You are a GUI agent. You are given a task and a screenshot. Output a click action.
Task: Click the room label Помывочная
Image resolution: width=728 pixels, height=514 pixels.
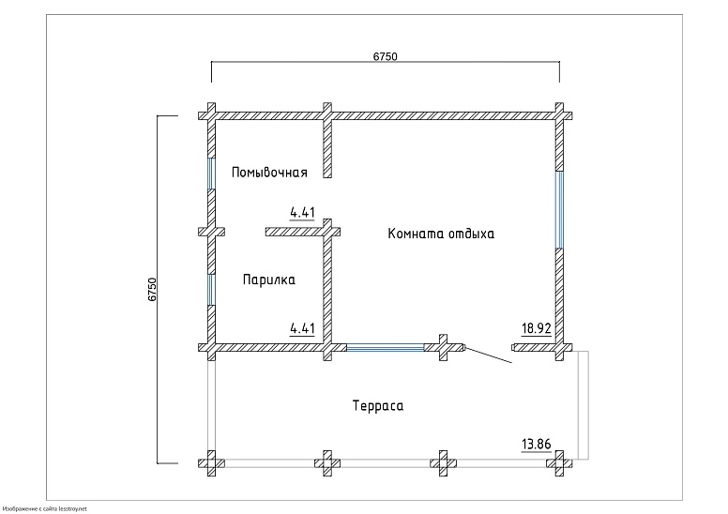(x=269, y=172)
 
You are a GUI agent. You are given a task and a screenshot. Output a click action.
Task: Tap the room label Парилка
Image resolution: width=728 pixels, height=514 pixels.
(x=269, y=280)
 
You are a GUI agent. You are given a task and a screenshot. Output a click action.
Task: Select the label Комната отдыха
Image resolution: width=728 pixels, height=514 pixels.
(x=440, y=234)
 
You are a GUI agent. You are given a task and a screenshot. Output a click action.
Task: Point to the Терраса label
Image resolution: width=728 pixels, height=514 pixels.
(x=377, y=406)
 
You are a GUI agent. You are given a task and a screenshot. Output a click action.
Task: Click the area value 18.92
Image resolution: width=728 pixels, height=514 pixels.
(x=537, y=328)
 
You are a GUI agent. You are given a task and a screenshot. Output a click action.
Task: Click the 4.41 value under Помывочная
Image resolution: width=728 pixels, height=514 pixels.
(x=302, y=213)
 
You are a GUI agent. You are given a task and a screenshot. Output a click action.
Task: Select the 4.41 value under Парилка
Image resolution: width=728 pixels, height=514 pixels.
(x=302, y=328)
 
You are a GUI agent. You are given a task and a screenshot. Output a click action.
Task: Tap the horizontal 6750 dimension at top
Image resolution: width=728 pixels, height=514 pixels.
(x=386, y=56)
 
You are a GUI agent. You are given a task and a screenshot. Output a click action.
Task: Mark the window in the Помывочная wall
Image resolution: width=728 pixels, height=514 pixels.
(x=211, y=173)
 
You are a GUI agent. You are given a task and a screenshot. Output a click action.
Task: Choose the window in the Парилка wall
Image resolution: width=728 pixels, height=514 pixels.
(x=211, y=289)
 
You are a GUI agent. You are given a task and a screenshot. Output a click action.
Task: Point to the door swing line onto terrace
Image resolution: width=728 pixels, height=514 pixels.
(x=488, y=356)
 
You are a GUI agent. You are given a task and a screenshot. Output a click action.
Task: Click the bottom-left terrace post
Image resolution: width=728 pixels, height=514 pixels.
(x=211, y=462)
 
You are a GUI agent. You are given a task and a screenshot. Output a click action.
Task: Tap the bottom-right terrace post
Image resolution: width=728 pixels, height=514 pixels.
(x=560, y=462)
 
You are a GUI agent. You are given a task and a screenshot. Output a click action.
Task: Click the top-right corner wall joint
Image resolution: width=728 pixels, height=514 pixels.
(x=560, y=115)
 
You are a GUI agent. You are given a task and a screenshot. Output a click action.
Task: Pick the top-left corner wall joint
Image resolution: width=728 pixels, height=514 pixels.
(x=211, y=115)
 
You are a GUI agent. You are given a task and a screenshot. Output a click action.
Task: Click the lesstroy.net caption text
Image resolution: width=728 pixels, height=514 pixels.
(x=45, y=507)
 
